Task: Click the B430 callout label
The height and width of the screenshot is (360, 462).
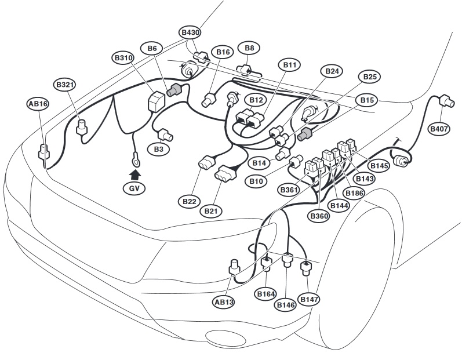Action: pos(190,33)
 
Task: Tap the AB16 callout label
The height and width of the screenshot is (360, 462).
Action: pos(38,104)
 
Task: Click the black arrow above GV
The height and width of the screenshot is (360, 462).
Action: pos(134,173)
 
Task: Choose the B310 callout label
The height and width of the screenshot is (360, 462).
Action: pos(123,58)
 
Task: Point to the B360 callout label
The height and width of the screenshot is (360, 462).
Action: pos(319,216)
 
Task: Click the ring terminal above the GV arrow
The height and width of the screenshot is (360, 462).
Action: pos(136,156)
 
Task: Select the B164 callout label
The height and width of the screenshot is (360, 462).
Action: pos(266,294)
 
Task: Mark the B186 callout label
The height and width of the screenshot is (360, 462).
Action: pos(353,192)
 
